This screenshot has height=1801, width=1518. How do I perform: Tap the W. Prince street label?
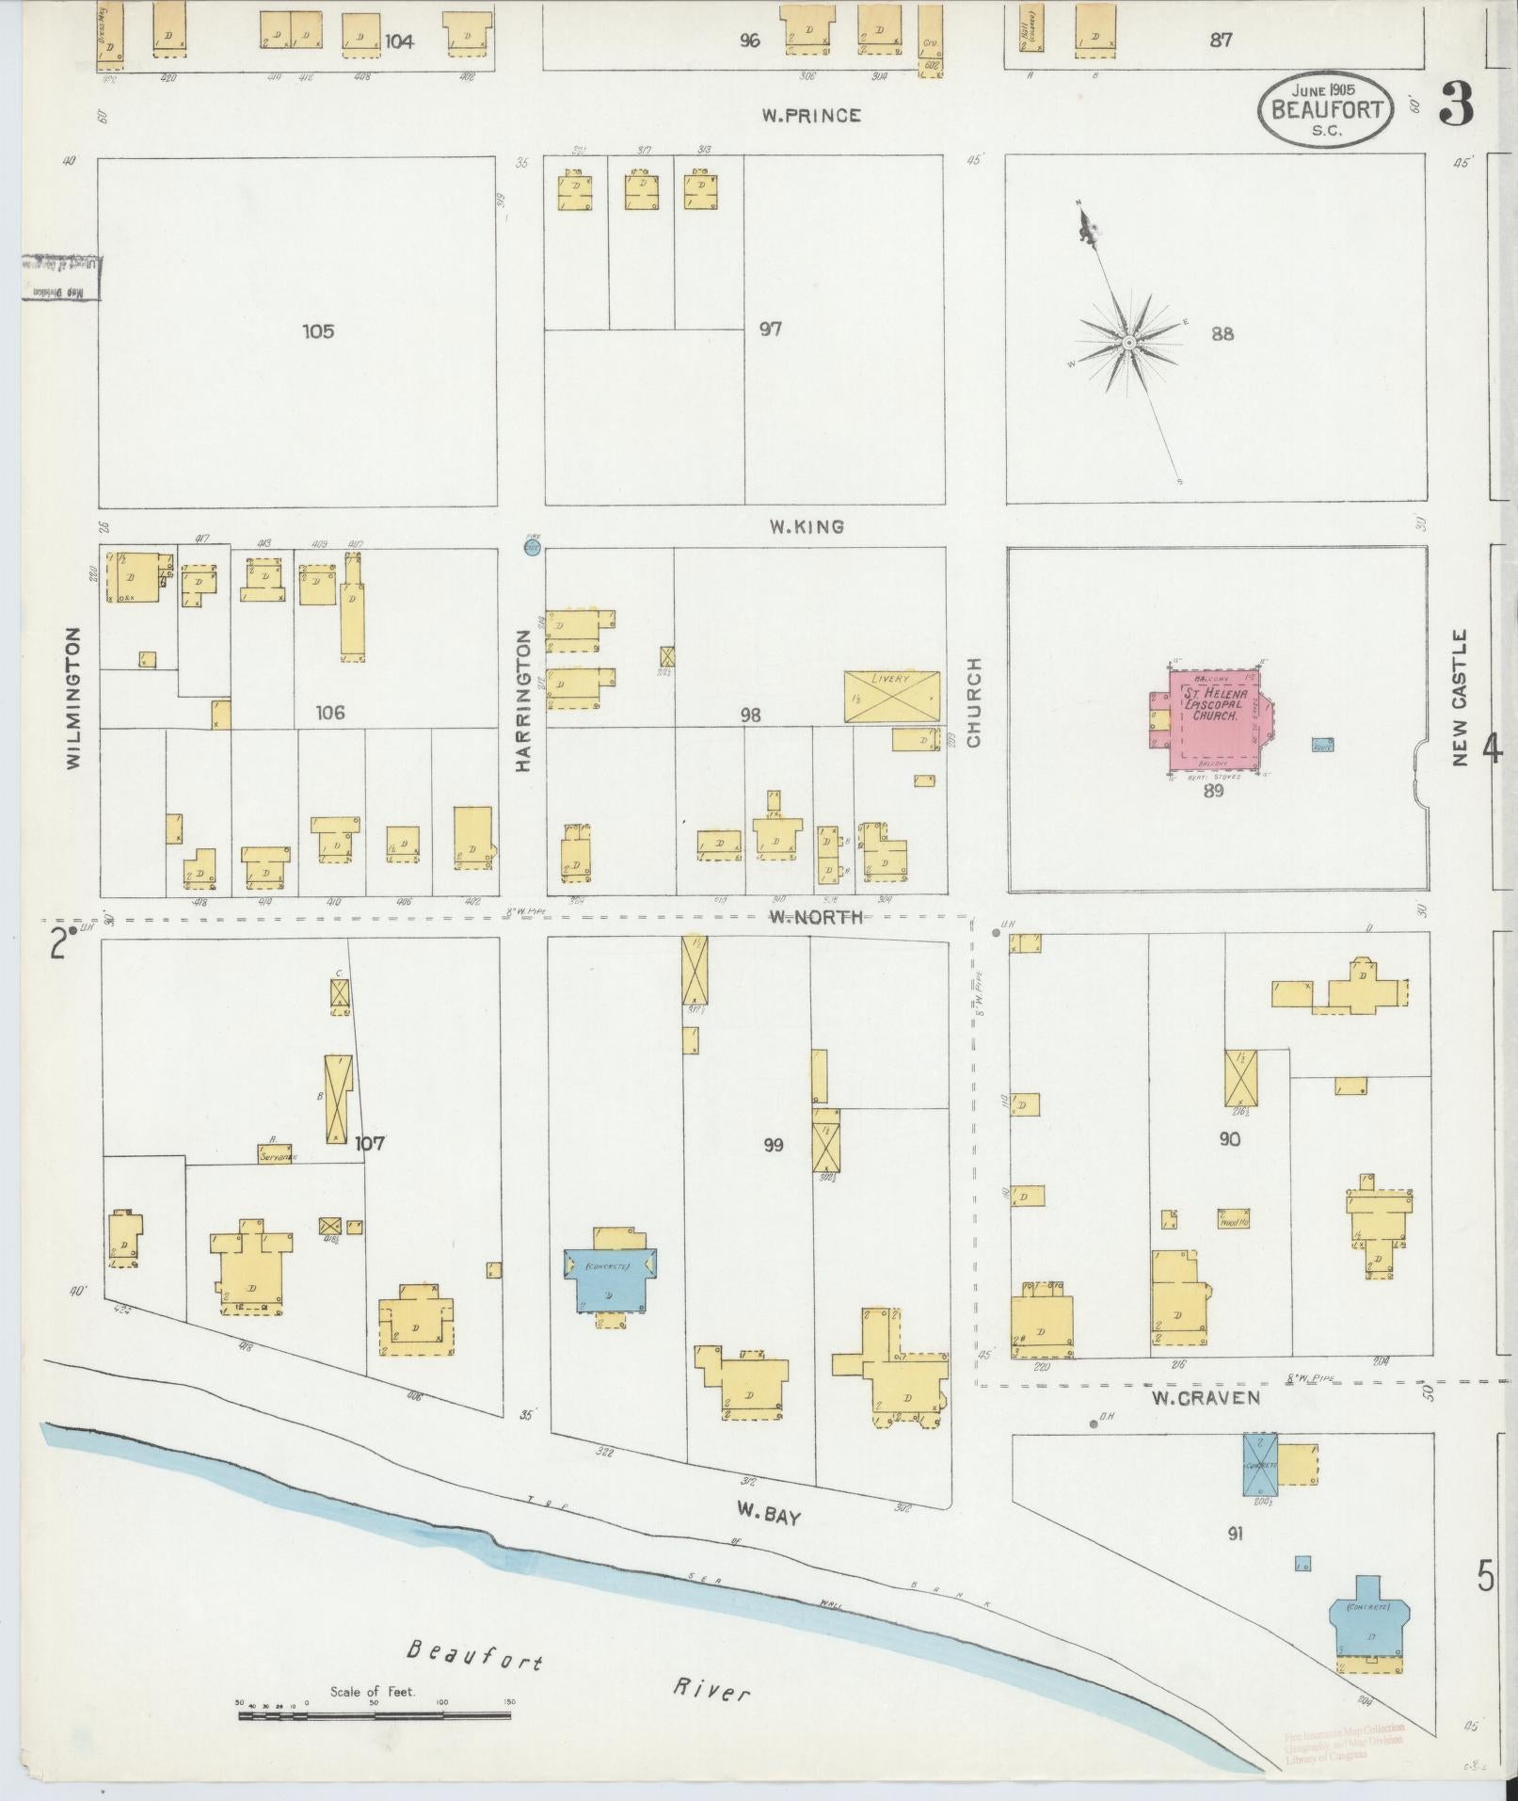click(810, 116)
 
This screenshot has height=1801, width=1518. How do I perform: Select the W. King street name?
click(806, 527)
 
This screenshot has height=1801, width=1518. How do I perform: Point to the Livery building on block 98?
click(891, 697)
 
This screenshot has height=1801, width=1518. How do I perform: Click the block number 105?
click(318, 331)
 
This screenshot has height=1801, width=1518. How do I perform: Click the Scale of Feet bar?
click(374, 1716)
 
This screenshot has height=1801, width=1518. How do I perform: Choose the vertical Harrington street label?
click(523, 701)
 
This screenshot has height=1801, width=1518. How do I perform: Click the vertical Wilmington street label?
click(74, 698)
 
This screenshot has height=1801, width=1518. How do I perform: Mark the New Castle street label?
click(1460, 698)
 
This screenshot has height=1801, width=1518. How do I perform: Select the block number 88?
click(1222, 333)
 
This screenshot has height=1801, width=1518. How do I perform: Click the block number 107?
click(370, 1144)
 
